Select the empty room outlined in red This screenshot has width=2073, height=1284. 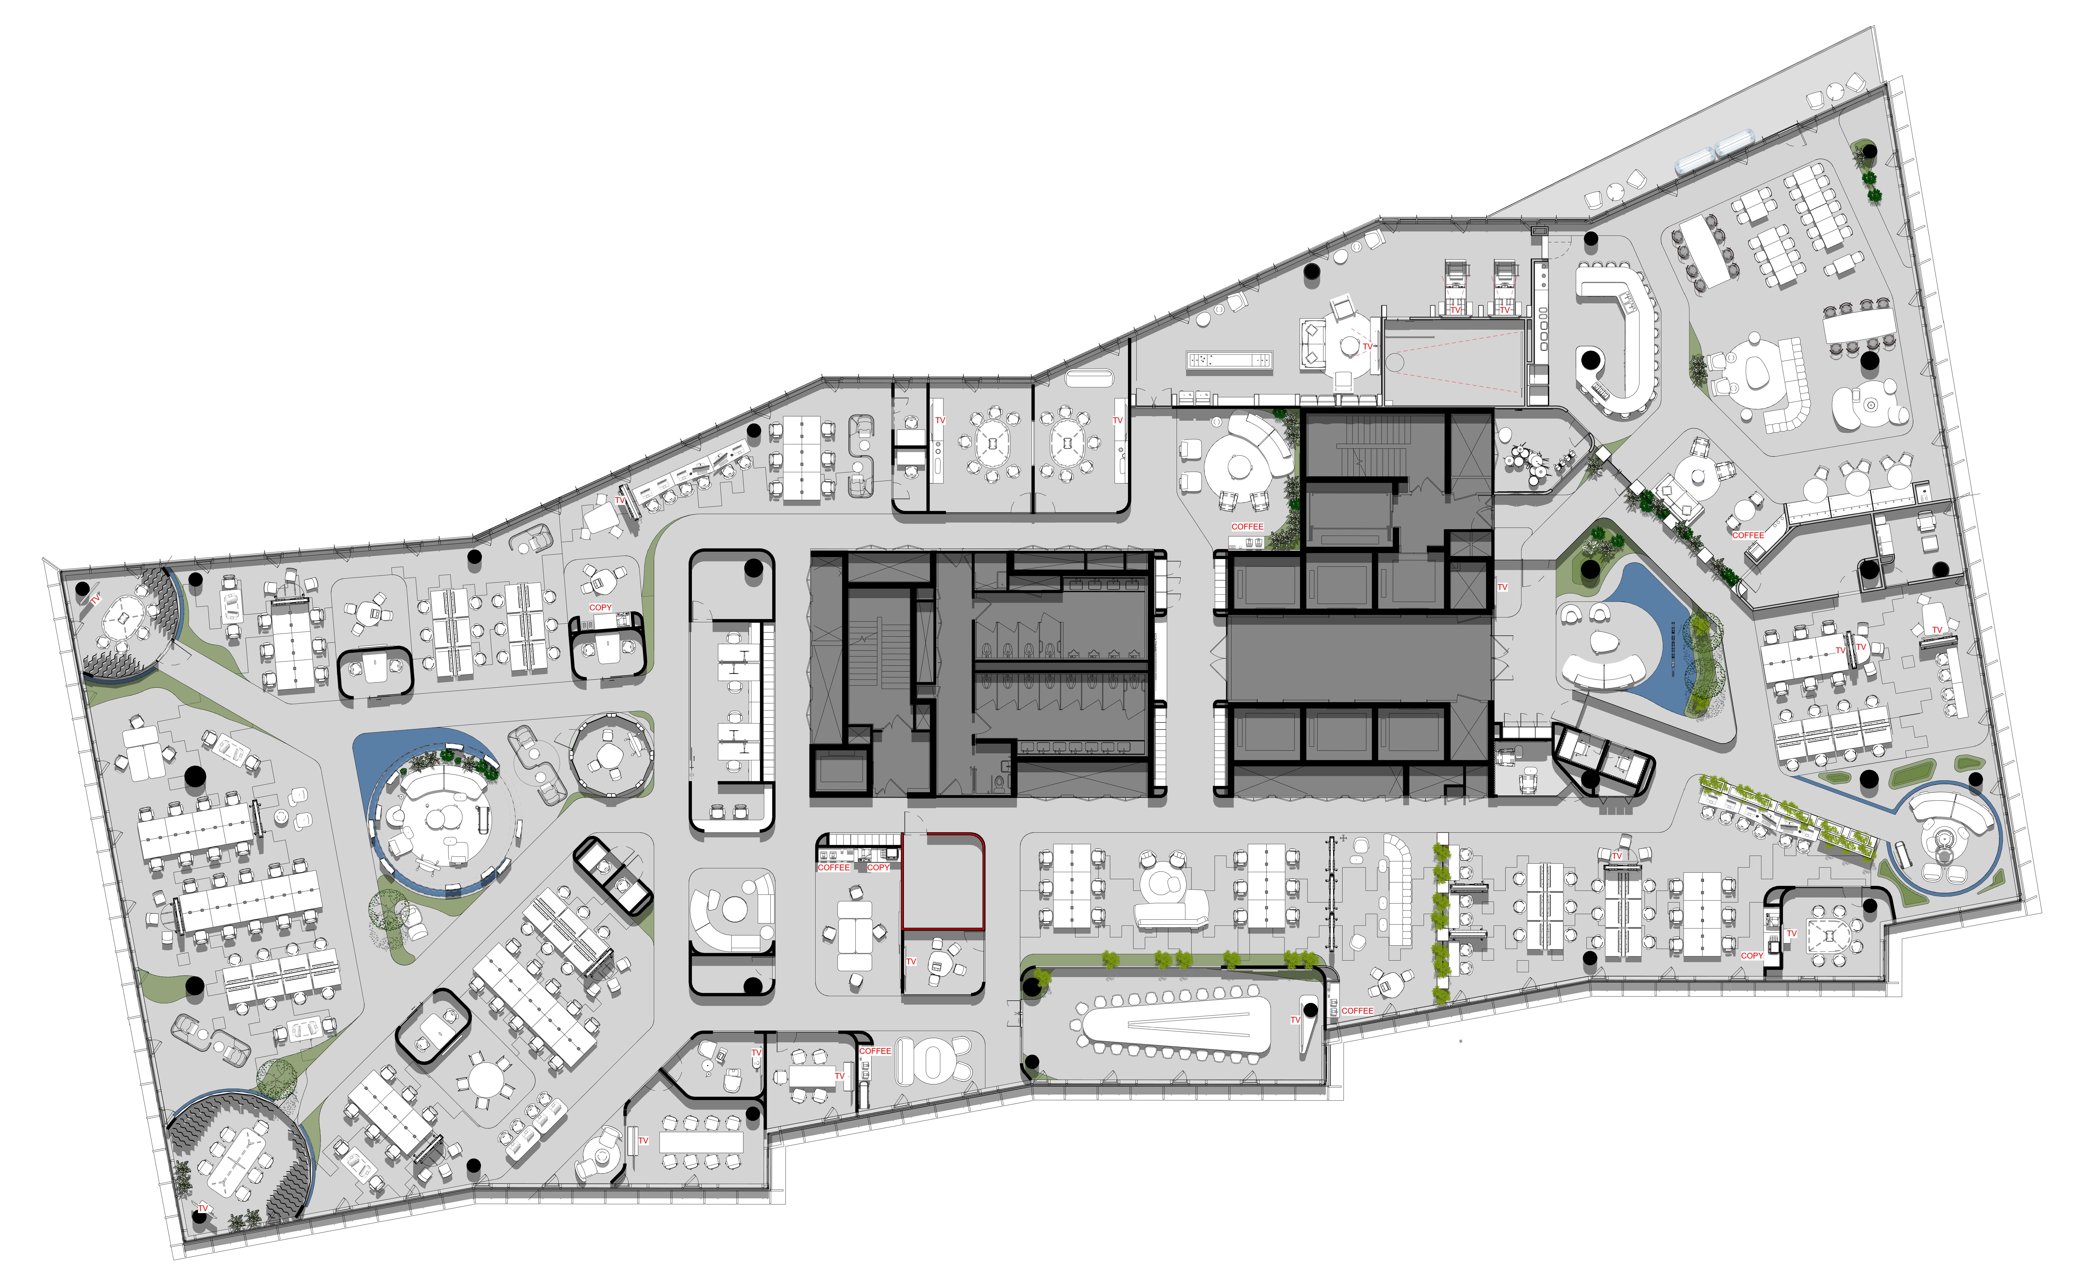click(x=943, y=881)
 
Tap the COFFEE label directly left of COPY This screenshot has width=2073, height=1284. click(x=833, y=867)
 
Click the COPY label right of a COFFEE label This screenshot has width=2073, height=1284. click(x=878, y=867)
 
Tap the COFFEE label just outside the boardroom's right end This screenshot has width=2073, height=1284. click(x=1357, y=1011)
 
